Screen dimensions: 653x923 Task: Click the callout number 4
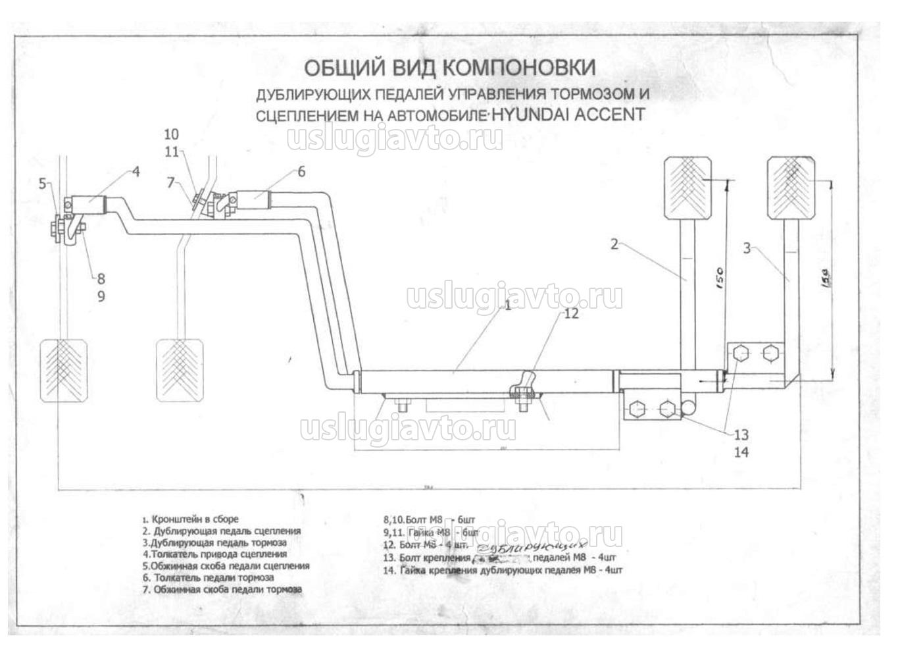(136, 172)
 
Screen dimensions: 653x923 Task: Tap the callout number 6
(301, 172)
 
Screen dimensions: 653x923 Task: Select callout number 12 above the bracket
(571, 313)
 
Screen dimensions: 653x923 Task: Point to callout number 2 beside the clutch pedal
(614, 244)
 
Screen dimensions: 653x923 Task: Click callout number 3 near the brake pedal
(747, 248)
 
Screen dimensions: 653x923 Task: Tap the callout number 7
(171, 182)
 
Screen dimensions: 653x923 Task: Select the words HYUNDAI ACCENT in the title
(567, 114)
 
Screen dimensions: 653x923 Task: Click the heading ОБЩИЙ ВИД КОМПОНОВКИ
(450, 67)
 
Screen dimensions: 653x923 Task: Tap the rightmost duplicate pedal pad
(792, 188)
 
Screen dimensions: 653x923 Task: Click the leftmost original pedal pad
(64, 369)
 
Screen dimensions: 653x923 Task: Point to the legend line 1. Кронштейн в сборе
(191, 519)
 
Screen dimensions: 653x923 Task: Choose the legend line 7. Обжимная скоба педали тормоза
(222, 589)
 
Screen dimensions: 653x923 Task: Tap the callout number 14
(741, 452)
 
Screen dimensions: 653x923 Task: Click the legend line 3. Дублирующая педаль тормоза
(214, 542)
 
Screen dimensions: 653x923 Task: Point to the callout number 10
(171, 134)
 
